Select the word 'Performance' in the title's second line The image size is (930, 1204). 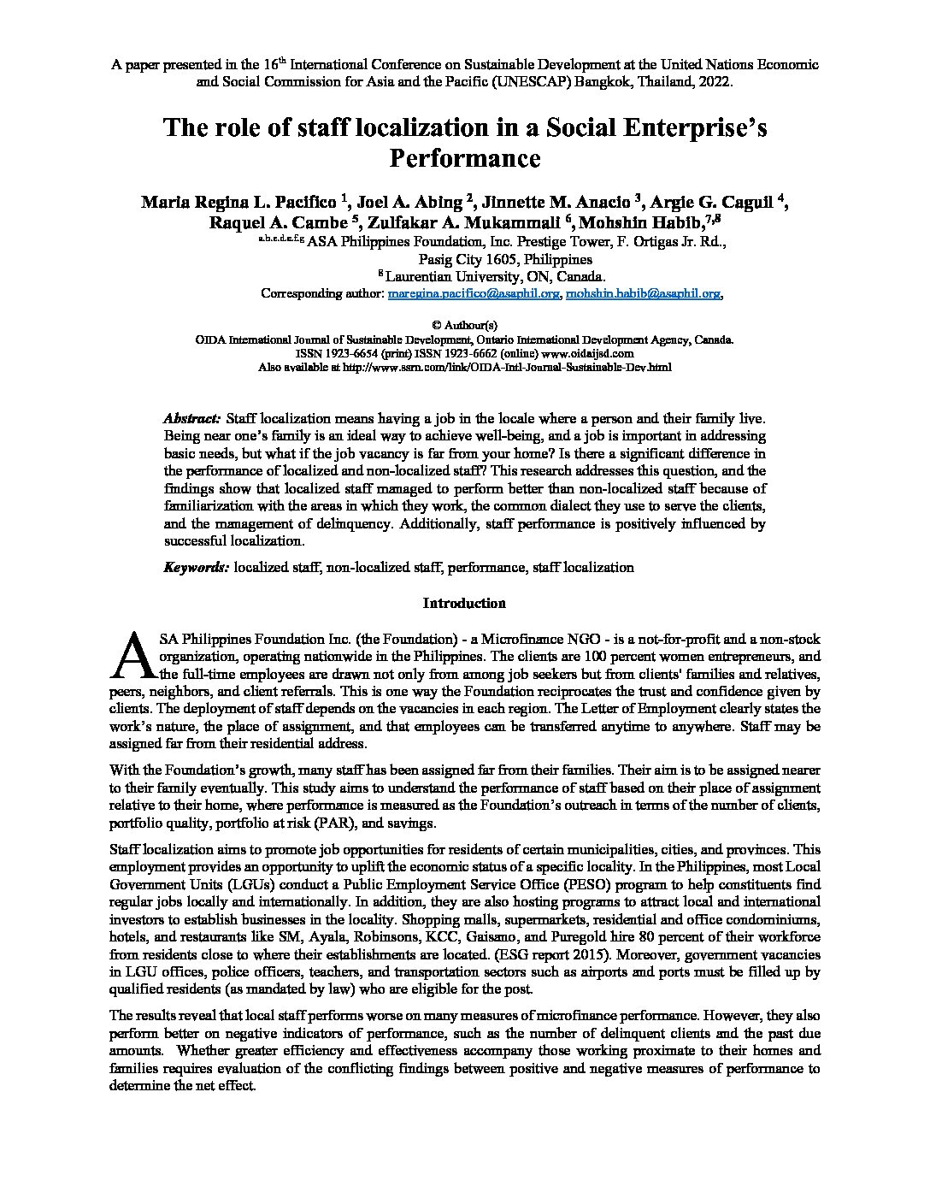[x=464, y=158]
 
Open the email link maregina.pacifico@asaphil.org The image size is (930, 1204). [x=474, y=293]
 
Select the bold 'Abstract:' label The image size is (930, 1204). [x=192, y=418]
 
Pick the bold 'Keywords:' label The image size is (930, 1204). [x=196, y=567]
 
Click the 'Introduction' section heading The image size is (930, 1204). [x=464, y=603]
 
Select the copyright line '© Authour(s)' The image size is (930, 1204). [x=464, y=325]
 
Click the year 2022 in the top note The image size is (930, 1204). [x=716, y=82]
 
